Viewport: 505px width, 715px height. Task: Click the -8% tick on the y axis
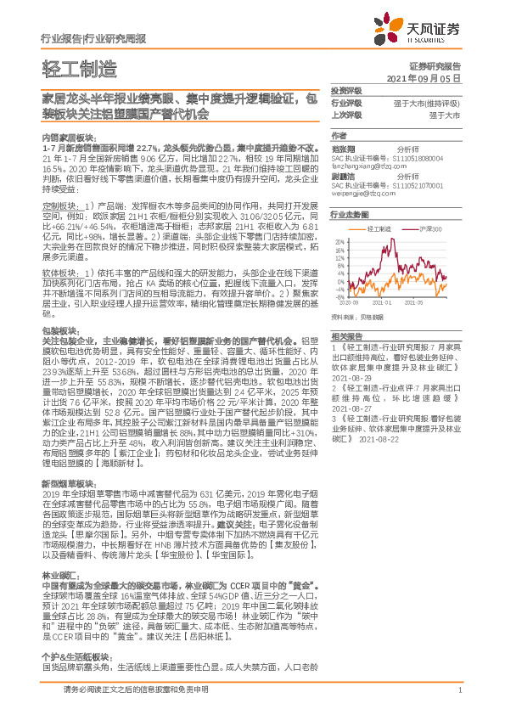click(341, 297)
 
